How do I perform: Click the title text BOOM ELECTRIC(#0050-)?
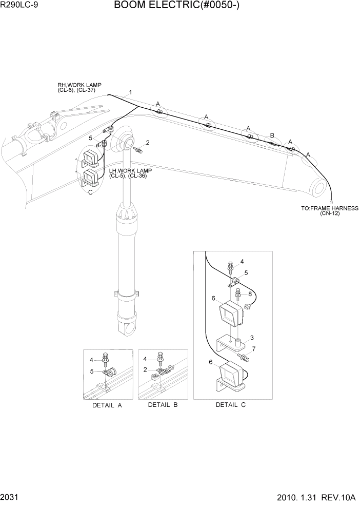(x=177, y=6)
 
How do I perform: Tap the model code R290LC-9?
(x=19, y=6)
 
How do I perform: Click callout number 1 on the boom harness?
(x=131, y=92)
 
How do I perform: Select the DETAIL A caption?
(x=107, y=405)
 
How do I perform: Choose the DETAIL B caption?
(x=163, y=405)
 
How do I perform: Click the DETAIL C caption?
(x=230, y=405)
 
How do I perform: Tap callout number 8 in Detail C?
(x=250, y=293)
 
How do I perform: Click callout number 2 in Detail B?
(x=146, y=369)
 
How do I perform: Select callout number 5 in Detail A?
(x=92, y=371)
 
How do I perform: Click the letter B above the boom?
(x=272, y=135)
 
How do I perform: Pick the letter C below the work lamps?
(x=90, y=192)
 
